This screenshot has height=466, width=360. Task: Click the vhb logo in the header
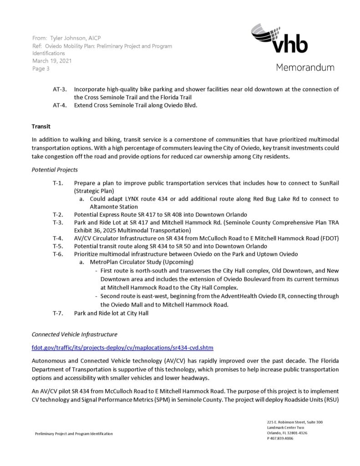pyautogui.click(x=279, y=40)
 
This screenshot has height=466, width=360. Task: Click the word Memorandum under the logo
pyautogui.click(x=304, y=67)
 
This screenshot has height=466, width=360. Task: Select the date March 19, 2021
pyautogui.click(x=52, y=61)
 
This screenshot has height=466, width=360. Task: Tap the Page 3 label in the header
pyautogui.click(x=41, y=69)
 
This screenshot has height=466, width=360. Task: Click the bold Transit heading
pyautogui.click(x=41, y=126)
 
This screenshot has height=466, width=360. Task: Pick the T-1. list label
pyautogui.click(x=58, y=183)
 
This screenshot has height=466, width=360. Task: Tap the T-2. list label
pyautogui.click(x=58, y=214)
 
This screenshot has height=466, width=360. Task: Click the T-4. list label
pyautogui.click(x=58, y=238)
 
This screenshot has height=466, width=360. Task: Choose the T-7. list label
pyautogui.click(x=58, y=313)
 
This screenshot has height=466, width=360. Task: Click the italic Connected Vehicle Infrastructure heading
pyautogui.click(x=74, y=334)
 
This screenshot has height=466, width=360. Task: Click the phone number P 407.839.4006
pyautogui.click(x=280, y=438)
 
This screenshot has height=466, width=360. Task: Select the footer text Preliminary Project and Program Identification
pyautogui.click(x=74, y=434)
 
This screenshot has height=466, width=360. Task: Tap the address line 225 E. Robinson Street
pyautogui.click(x=295, y=422)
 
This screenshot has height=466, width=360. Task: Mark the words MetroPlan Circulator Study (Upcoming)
pyautogui.click(x=142, y=262)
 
